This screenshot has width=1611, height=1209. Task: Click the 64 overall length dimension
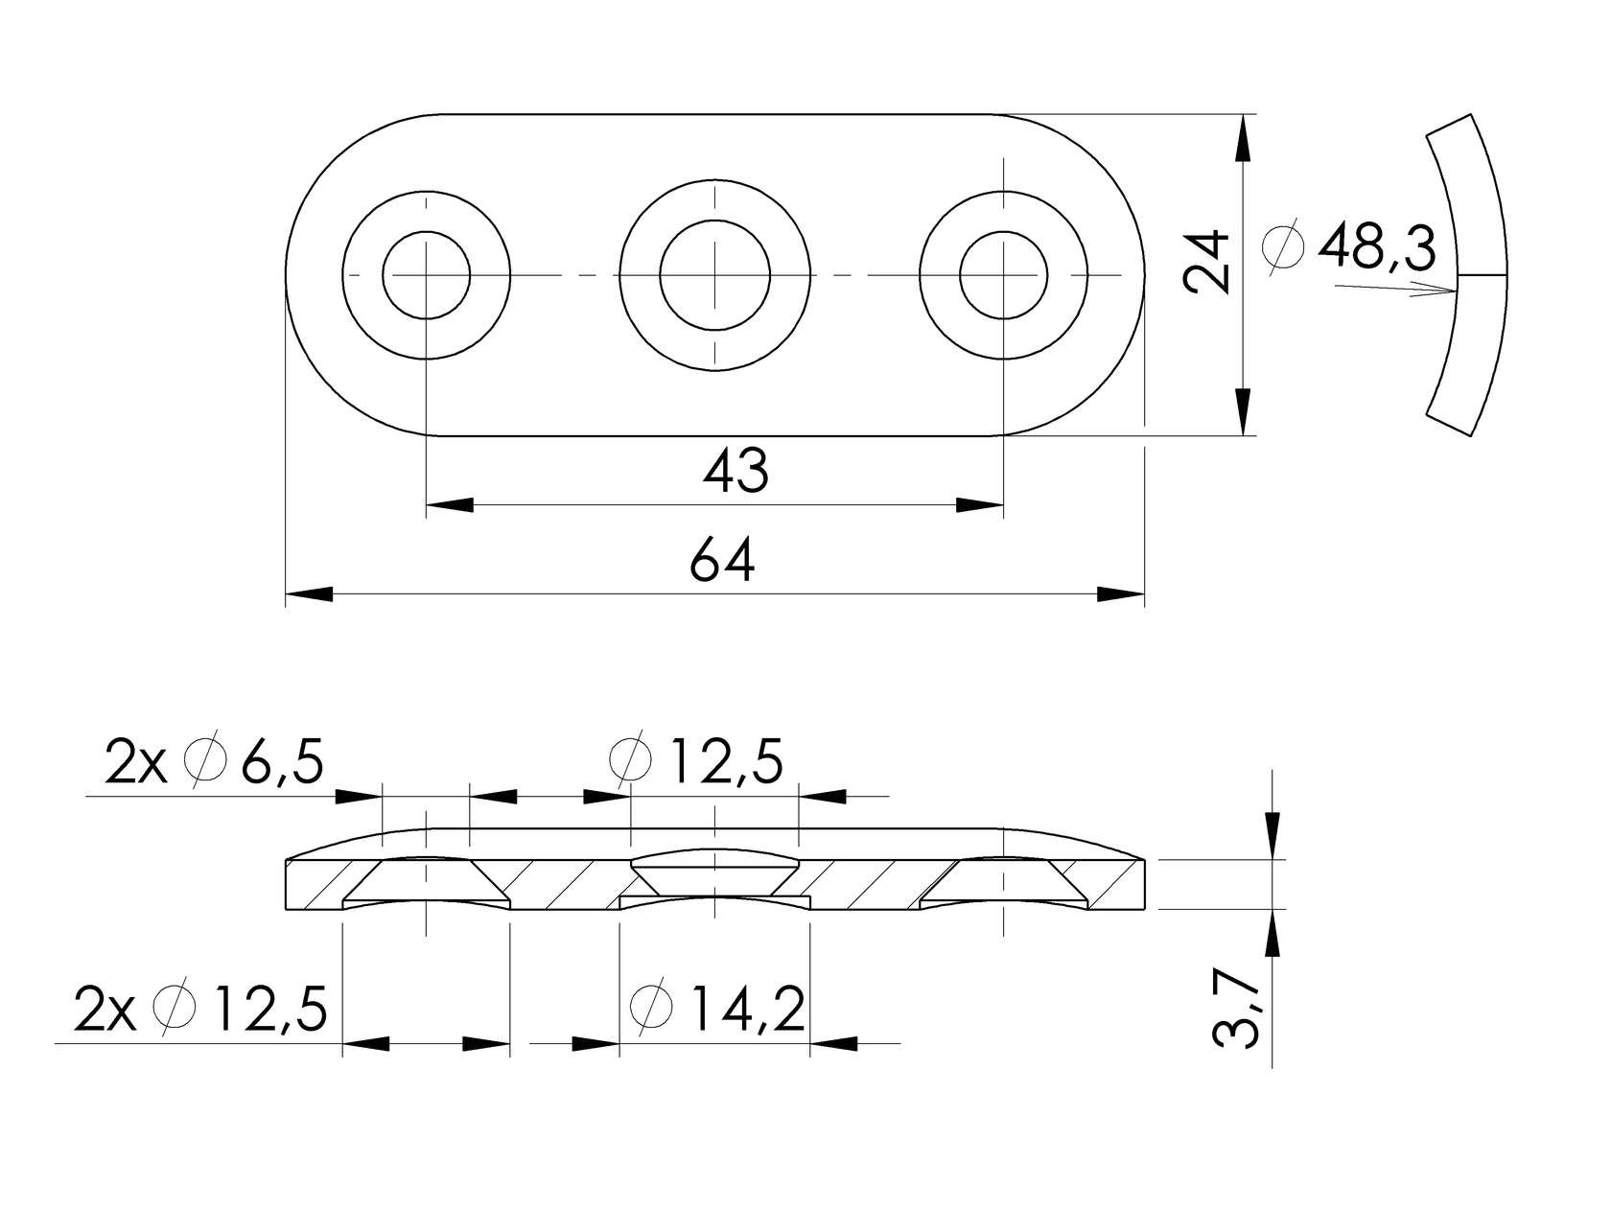tap(722, 562)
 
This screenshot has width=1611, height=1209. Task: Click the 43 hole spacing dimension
tap(735, 472)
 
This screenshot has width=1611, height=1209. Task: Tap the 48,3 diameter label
tap(1377, 248)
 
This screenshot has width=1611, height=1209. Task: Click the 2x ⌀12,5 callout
tap(201, 1009)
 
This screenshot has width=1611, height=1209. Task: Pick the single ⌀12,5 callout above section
tap(697, 761)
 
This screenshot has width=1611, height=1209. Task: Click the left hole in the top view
tap(427, 275)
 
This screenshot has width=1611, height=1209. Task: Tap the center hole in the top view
tap(715, 275)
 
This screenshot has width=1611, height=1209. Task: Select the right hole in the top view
tap(1003, 275)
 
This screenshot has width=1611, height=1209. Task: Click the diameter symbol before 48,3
tap(1285, 248)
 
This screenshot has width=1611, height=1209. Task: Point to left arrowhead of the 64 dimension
tap(309, 594)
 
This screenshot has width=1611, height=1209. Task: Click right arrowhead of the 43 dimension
tap(980, 504)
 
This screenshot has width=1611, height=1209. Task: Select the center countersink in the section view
tap(715, 872)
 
